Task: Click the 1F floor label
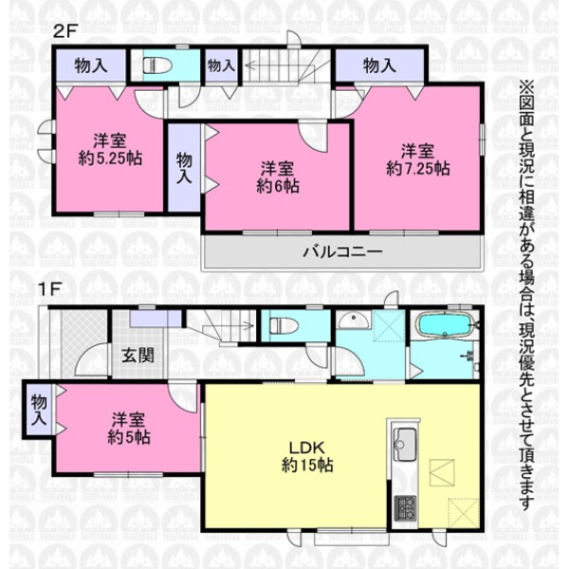[x=49, y=289]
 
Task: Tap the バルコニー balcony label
[x=342, y=252]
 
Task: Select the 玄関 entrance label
[x=138, y=356]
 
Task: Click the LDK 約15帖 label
[x=307, y=456]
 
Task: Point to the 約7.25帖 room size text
[x=418, y=169]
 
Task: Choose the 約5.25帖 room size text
[x=110, y=158]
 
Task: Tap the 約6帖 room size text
[x=278, y=186]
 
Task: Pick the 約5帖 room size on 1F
[x=129, y=437]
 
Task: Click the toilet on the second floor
[x=157, y=66]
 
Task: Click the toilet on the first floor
[x=284, y=325]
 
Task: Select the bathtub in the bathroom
[x=446, y=324]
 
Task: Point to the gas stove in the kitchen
[x=405, y=508]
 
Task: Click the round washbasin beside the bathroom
[x=354, y=321]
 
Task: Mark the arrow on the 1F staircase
[x=232, y=325]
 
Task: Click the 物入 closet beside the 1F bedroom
[x=39, y=410]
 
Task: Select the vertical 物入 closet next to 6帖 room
[x=184, y=168]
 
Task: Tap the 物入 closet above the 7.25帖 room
[x=379, y=66]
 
